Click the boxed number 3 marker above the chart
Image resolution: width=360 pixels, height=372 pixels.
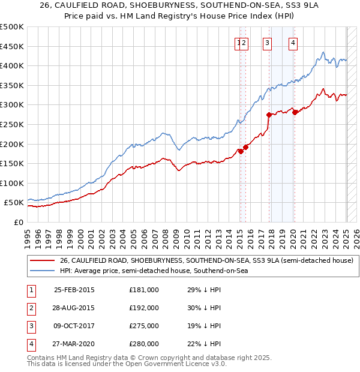[x=267, y=42]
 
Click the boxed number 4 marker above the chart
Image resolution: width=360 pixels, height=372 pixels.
[x=293, y=42]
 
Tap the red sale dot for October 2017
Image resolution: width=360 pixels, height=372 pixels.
[x=269, y=115]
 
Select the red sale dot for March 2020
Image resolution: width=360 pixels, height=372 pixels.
[x=295, y=112]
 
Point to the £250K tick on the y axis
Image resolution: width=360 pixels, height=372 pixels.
[x=13, y=124]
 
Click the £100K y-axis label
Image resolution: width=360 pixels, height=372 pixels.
[x=13, y=183]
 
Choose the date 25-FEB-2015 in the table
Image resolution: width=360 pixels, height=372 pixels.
[x=74, y=290]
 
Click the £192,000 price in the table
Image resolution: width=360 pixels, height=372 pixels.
[x=144, y=308]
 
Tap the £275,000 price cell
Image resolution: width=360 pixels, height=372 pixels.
[x=144, y=326]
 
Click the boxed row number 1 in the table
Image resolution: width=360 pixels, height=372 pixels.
[x=30, y=290]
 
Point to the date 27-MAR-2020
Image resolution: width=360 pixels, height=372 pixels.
[x=74, y=344]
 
